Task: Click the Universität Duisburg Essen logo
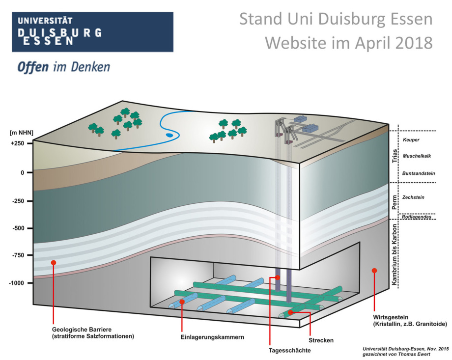pos(92,32)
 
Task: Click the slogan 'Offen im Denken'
pos(63,67)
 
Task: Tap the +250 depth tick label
pos(16,143)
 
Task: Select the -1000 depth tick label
pos(16,283)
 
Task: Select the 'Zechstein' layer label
pos(413,197)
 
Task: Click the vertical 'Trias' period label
pos(394,156)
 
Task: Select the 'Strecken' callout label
pos(321,340)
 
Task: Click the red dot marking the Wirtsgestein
pos(374,270)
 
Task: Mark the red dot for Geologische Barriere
pos(54,263)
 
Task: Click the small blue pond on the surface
pos(169,134)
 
